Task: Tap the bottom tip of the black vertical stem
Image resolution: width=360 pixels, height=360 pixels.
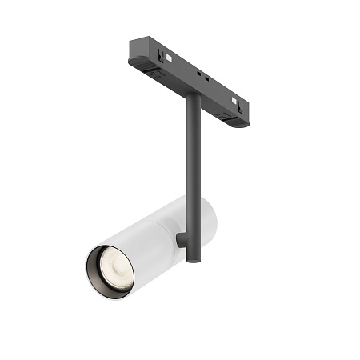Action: [x=192, y=258]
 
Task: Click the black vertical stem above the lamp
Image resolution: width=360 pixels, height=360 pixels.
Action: [x=192, y=152]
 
